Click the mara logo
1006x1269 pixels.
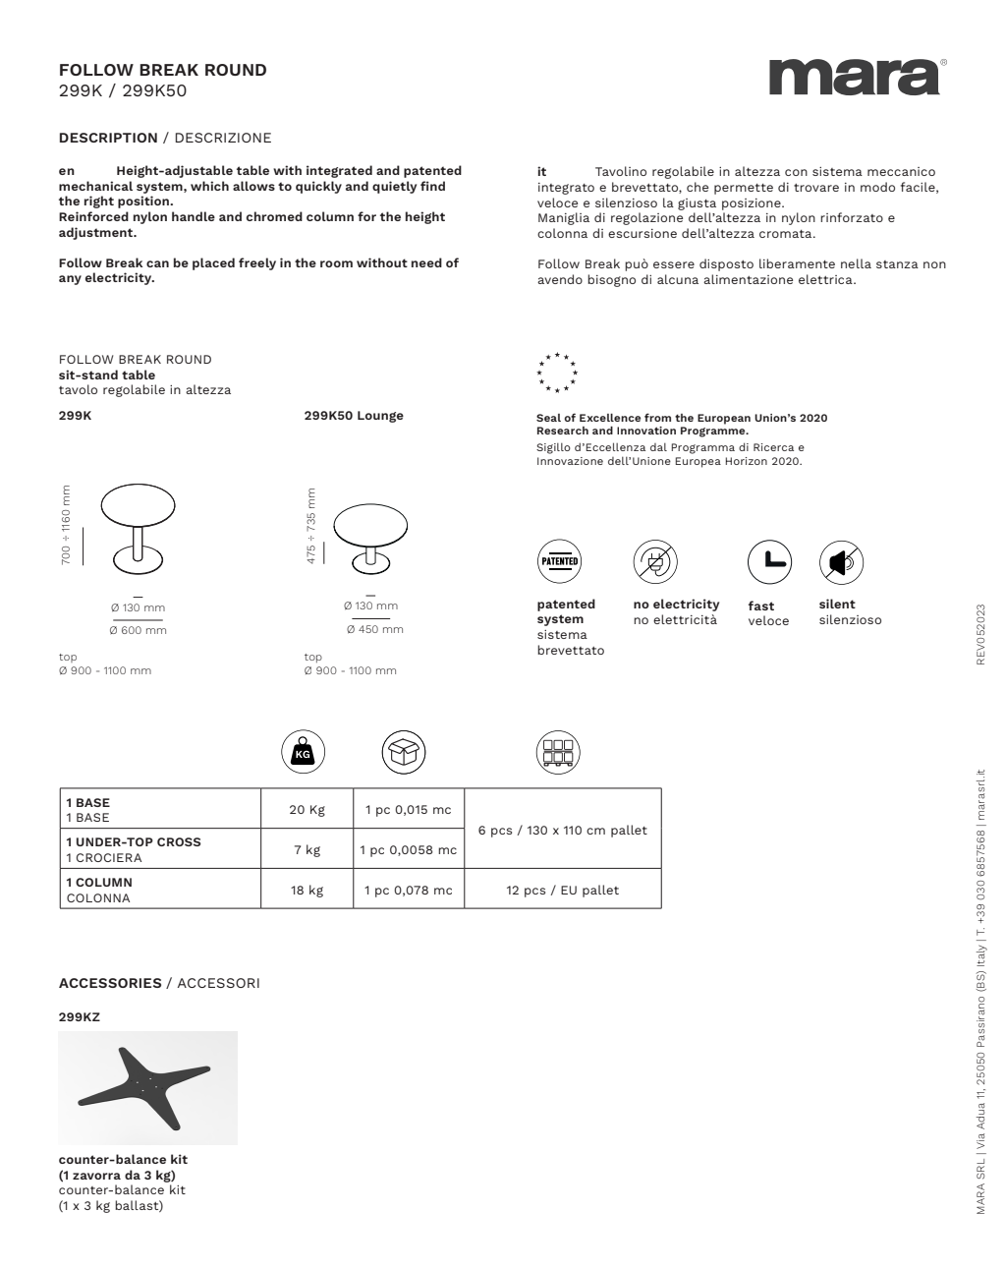855,77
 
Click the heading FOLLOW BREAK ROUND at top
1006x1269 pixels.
162,70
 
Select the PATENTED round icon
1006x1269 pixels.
559,561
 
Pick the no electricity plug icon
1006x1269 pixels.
654,561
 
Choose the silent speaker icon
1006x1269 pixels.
841,561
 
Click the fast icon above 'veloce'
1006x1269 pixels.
769,561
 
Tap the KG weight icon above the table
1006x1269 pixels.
303,753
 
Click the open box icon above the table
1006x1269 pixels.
403,753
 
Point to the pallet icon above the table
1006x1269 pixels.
558,753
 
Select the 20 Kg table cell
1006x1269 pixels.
307,809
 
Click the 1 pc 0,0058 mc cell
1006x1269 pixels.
408,849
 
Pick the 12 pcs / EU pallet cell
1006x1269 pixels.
562,890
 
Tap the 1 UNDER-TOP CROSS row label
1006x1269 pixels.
133,842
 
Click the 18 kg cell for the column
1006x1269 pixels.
307,890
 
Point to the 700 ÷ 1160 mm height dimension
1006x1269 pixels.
67,525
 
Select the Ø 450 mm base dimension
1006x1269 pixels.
373,629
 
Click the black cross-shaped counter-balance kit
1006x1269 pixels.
145,1087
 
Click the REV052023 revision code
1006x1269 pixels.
979,634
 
